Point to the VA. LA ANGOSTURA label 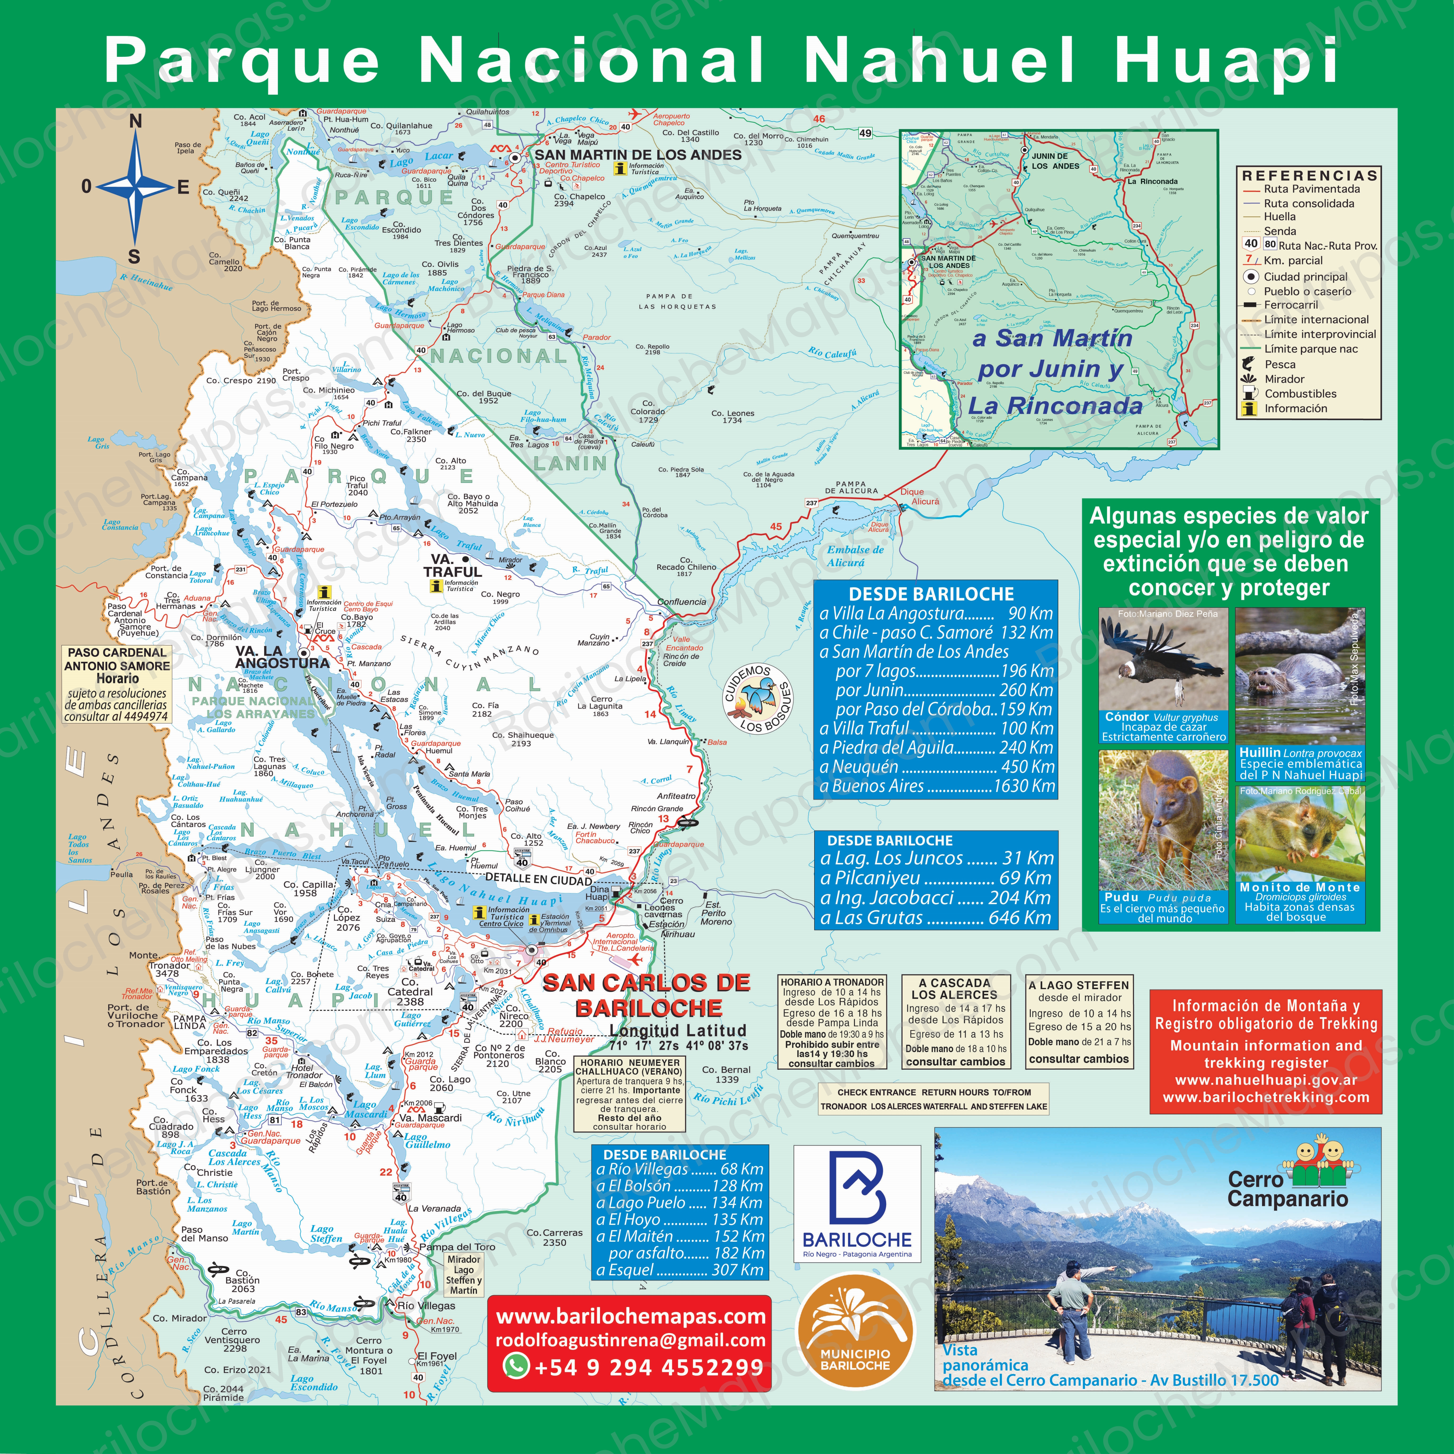(282, 657)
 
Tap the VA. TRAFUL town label (452, 566)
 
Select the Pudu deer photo (1163, 820)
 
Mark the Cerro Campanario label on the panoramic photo (1287, 1189)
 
